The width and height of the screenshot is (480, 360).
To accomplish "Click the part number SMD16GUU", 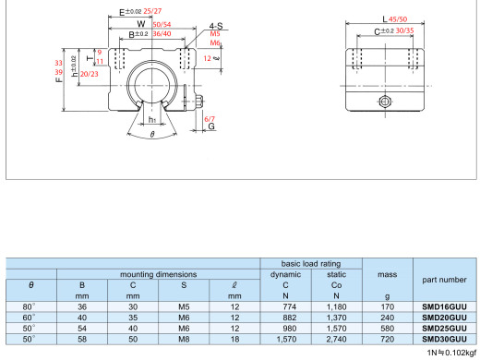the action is (444, 306).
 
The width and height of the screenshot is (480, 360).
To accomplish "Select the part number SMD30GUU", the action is (444, 339).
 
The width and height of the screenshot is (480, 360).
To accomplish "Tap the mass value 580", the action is (387, 329).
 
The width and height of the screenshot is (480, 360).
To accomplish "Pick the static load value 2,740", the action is (336, 339).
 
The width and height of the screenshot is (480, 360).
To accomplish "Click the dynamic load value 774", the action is (289, 306).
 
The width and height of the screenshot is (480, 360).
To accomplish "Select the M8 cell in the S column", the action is (184, 339).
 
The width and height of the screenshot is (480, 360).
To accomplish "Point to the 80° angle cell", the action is (29, 306).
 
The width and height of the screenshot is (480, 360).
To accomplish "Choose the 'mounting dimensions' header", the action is (158, 274).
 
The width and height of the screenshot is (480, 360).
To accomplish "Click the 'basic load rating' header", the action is (311, 264).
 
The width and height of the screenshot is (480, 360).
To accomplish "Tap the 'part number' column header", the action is (444, 280).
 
